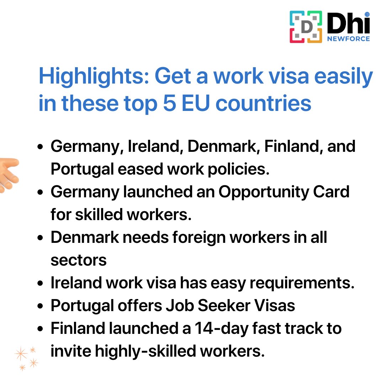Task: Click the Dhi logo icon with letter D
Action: [306, 27]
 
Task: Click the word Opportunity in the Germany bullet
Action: [268, 192]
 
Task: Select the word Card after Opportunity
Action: [334, 192]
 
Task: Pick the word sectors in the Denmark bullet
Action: [79, 260]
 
